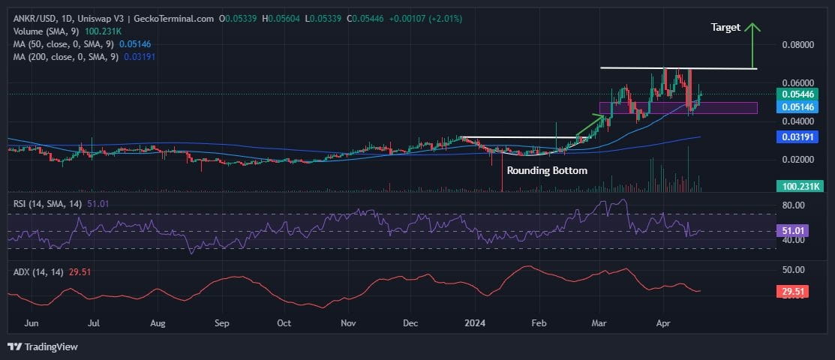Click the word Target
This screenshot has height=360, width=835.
point(725,27)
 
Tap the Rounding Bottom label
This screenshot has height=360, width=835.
point(547,170)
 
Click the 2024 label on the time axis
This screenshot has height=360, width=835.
point(474,323)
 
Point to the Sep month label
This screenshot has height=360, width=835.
point(221,323)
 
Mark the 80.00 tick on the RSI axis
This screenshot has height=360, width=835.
point(793,205)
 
